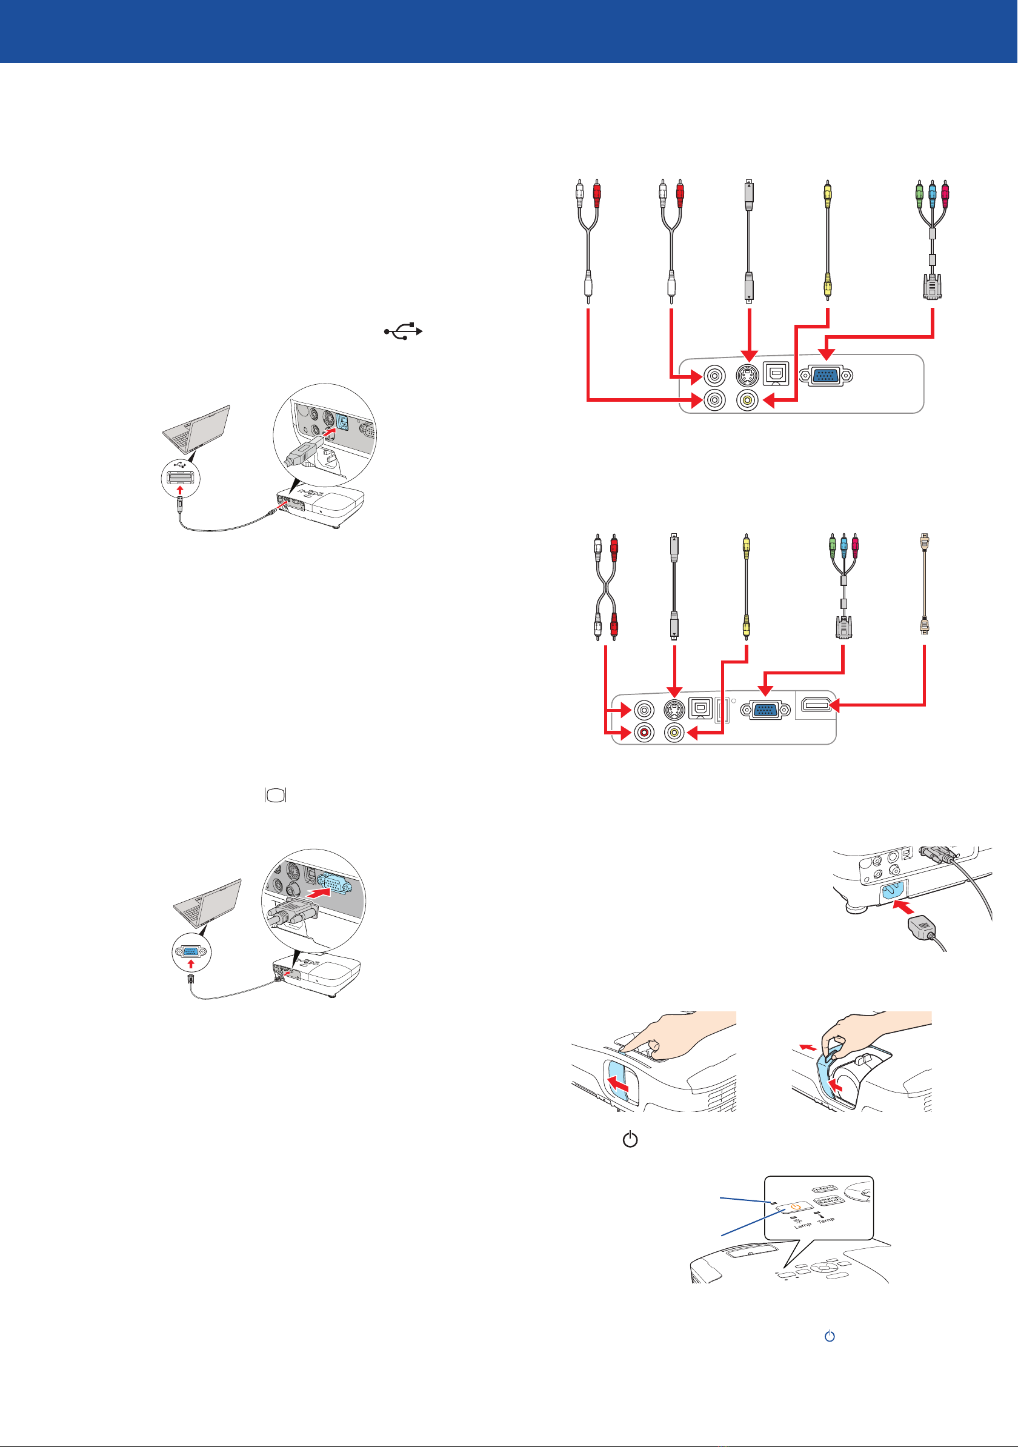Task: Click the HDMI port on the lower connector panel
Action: coord(816,705)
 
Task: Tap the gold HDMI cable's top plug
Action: coord(924,541)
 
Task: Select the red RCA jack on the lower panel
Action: coord(644,733)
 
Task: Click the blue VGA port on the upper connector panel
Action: coord(826,376)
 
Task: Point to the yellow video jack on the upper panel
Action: coord(748,399)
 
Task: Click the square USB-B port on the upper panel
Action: coord(776,374)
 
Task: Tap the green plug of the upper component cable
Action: coord(919,191)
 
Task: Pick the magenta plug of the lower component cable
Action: coord(856,544)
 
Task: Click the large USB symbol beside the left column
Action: coord(404,331)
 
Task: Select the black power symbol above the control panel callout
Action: coord(630,1139)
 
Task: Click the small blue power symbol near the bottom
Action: coord(830,1336)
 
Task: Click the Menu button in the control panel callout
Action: coord(825,1189)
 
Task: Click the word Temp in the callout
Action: coord(826,1220)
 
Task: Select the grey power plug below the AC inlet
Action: coord(922,928)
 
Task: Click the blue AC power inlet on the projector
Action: coord(892,891)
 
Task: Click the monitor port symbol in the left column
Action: coord(276,796)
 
